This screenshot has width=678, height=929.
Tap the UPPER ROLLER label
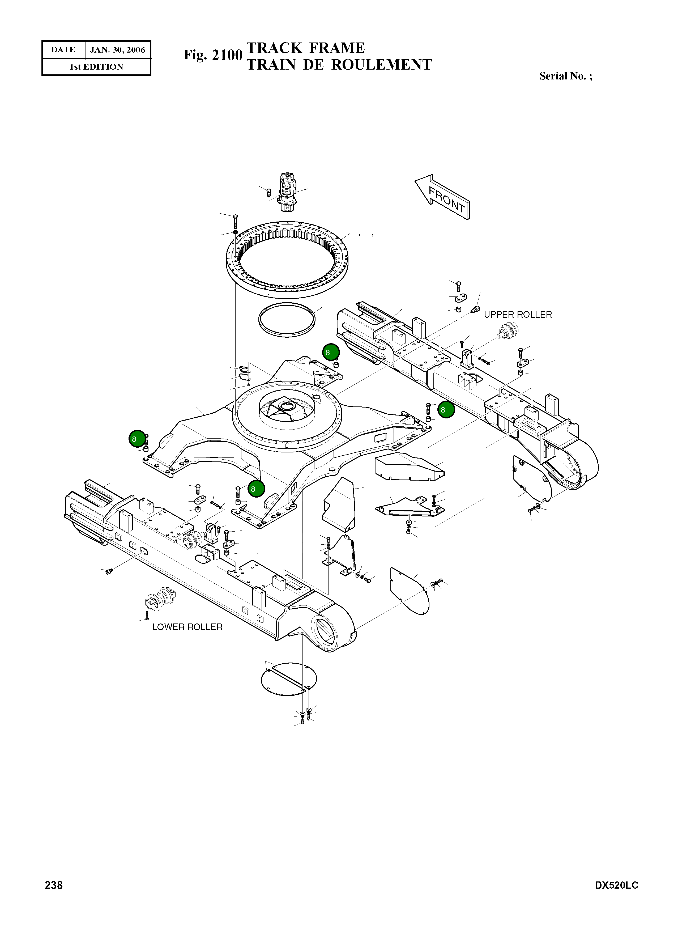pos(518,315)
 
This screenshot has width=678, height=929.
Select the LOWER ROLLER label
pos(187,627)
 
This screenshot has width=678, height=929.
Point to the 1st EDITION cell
pos(96,67)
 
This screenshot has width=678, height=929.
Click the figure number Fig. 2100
pos(213,55)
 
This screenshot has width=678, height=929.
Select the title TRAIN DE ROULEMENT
pos(339,65)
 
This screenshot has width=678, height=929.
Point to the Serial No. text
pos(566,76)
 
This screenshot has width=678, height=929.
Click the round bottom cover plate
pos(288,679)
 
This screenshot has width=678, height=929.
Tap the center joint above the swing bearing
pos(288,192)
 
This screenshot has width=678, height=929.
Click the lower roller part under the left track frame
pos(160,599)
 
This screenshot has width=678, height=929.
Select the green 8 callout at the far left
pos(137,439)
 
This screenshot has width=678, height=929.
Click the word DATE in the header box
pos(63,50)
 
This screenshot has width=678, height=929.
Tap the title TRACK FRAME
pos(305,48)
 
